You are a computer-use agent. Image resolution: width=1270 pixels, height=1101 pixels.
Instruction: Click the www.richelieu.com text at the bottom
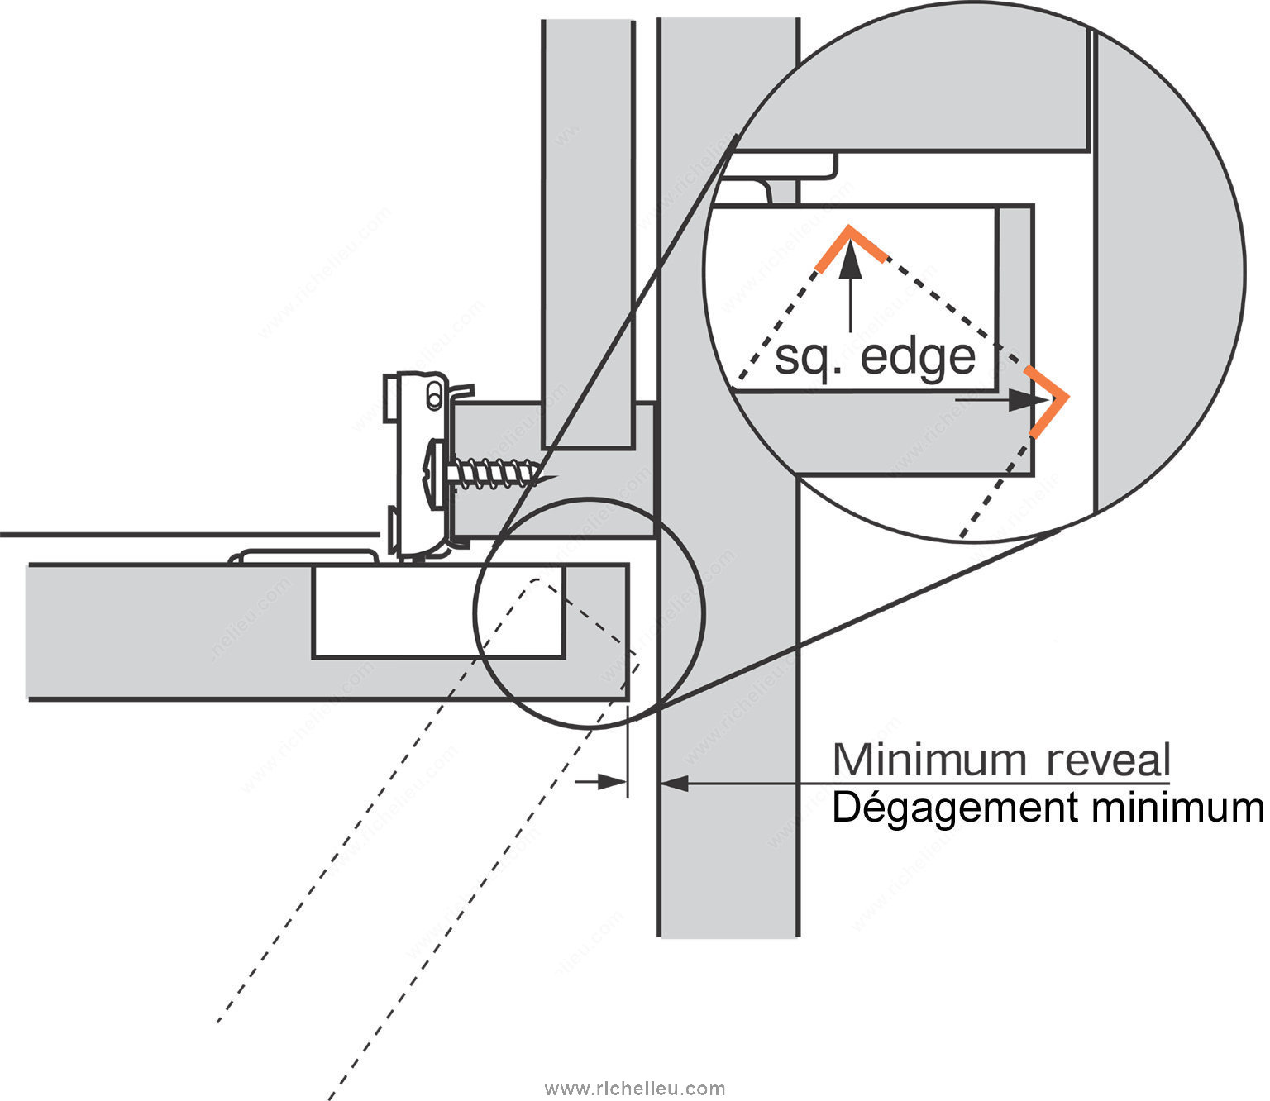[x=635, y=1089]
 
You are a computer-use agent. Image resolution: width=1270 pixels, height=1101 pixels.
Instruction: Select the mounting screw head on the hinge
[x=436, y=474]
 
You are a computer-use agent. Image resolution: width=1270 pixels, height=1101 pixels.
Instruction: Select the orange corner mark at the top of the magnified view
[x=850, y=244]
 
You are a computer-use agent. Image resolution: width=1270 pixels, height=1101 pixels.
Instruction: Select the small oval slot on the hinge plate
[x=432, y=398]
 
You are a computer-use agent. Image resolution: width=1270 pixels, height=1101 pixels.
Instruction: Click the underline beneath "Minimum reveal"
[x=1000, y=782]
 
